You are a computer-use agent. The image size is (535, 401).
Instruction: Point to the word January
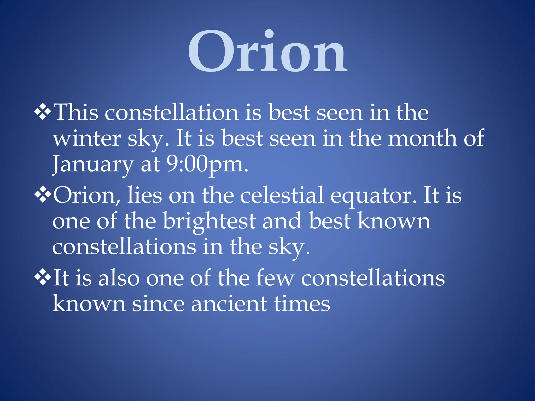93,164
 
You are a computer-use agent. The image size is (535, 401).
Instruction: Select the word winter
87,139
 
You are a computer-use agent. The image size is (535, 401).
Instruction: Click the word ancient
229,304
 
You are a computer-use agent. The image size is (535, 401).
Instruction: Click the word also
119,278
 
